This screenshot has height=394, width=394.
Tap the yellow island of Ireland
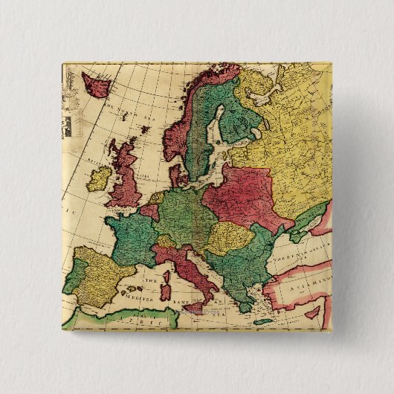coord(98,179)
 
